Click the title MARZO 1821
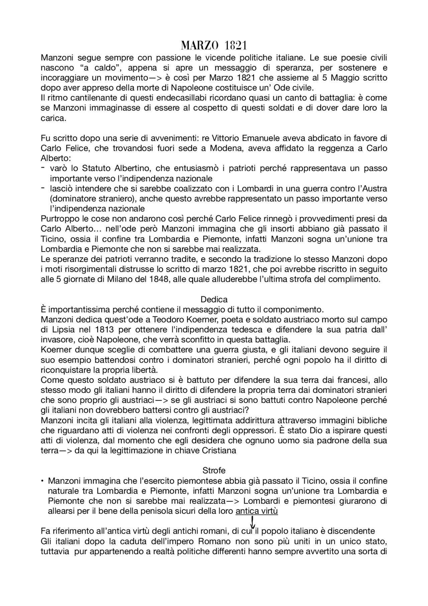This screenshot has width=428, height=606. coord(214,46)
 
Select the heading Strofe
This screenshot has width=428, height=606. coord(214,470)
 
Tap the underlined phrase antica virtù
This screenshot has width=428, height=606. coord(256,511)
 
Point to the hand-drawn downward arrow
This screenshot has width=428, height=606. coord(252,522)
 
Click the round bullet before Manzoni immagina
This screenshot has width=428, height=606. coord(42,482)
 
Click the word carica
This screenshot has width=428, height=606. coord(53,118)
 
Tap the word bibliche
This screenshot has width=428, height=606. coord(371,420)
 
